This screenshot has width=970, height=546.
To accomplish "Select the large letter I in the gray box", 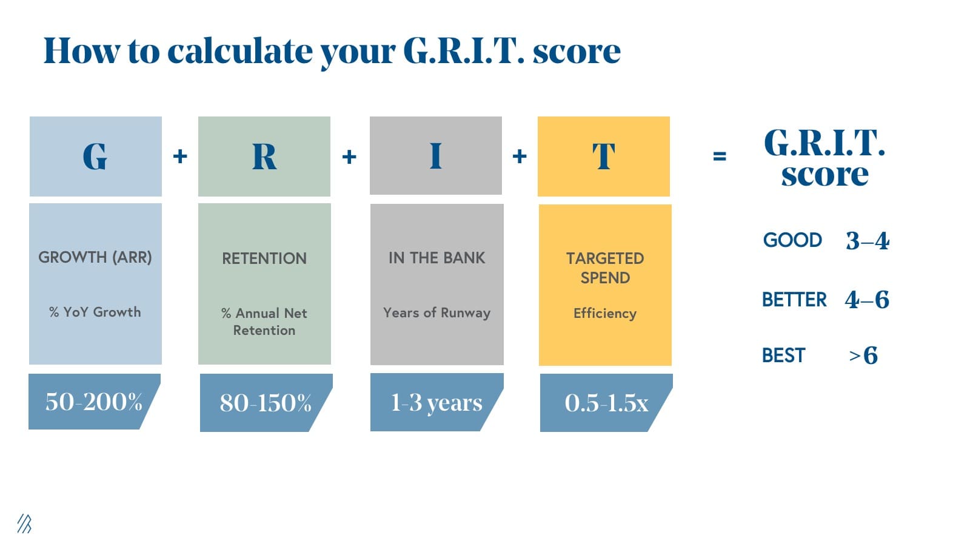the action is (436, 155).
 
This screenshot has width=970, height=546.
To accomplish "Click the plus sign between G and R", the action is (180, 156).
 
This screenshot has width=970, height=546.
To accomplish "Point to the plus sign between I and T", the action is (520, 156).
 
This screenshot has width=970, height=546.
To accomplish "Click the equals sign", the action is (719, 156).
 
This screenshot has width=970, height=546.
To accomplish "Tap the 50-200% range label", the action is (93, 402).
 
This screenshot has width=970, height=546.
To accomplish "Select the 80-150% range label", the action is (265, 403).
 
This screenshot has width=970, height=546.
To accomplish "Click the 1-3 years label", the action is (436, 403).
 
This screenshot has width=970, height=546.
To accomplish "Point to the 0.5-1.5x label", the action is (606, 403).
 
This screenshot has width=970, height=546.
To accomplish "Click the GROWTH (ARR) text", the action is (95, 257).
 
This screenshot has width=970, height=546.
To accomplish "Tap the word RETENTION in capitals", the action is (264, 258).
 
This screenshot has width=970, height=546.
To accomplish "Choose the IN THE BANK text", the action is (436, 258).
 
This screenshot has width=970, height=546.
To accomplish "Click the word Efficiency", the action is (605, 314).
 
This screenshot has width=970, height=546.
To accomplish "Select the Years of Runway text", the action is (436, 313).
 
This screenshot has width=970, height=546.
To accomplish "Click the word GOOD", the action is (792, 240).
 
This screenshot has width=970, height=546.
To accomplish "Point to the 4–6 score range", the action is (867, 300).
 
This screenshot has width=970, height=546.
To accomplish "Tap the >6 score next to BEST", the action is (863, 356).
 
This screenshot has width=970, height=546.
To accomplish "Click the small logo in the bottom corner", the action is (25, 524).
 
